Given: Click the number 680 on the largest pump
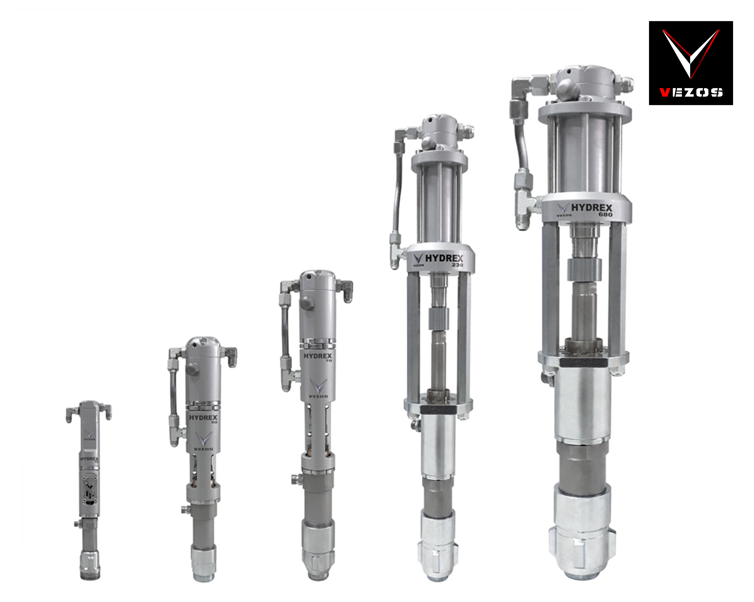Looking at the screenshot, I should pos(605,215).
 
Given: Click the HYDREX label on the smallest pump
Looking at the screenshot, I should pos(89,459).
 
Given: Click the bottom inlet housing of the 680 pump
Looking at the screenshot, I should pos(582,538).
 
